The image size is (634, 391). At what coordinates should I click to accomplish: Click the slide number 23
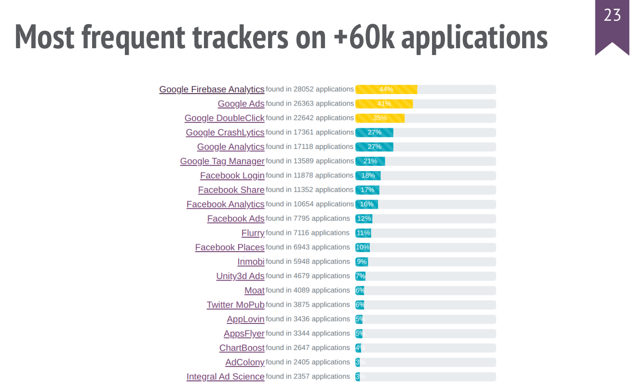coord(612,16)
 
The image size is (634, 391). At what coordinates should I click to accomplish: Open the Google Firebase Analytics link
coord(212,89)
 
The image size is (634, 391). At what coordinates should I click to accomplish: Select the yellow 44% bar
coord(386,89)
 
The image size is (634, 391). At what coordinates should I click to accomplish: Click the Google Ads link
coord(241,104)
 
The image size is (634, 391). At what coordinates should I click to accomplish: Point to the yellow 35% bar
coord(380,118)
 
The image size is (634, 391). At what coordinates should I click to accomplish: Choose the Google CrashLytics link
coord(225,133)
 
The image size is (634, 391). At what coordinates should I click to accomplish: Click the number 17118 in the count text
coord(303,147)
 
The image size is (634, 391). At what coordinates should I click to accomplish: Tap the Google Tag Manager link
coord(222,161)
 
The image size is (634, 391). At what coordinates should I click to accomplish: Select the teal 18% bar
coord(368,175)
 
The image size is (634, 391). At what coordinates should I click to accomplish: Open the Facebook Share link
coord(231,190)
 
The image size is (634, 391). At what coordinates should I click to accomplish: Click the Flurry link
coord(253,233)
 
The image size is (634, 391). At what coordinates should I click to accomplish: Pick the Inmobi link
coord(251,262)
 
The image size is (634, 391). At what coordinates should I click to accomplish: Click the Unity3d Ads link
coord(240,276)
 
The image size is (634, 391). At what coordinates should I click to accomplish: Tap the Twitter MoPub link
coord(235,305)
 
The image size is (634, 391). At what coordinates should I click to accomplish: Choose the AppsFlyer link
coord(244,334)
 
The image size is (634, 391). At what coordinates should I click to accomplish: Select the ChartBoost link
coord(242,348)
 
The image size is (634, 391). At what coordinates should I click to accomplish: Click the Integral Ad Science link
coord(225,377)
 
